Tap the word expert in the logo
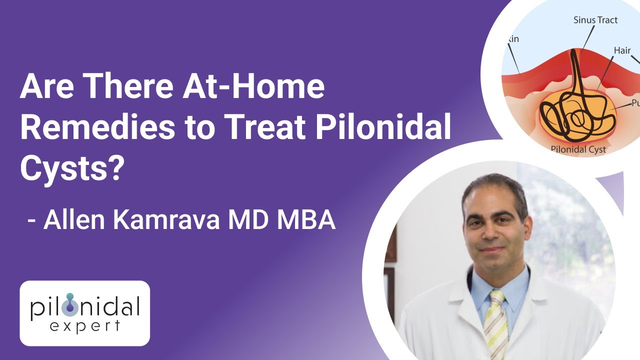[84, 326]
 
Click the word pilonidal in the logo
[84, 306]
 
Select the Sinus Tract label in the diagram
[595, 20]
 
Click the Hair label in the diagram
[622, 50]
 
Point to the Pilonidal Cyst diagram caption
[578, 149]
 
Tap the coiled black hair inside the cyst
[575, 112]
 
